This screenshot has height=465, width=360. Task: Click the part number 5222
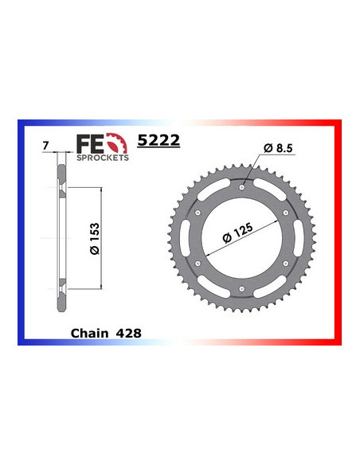point(160,140)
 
